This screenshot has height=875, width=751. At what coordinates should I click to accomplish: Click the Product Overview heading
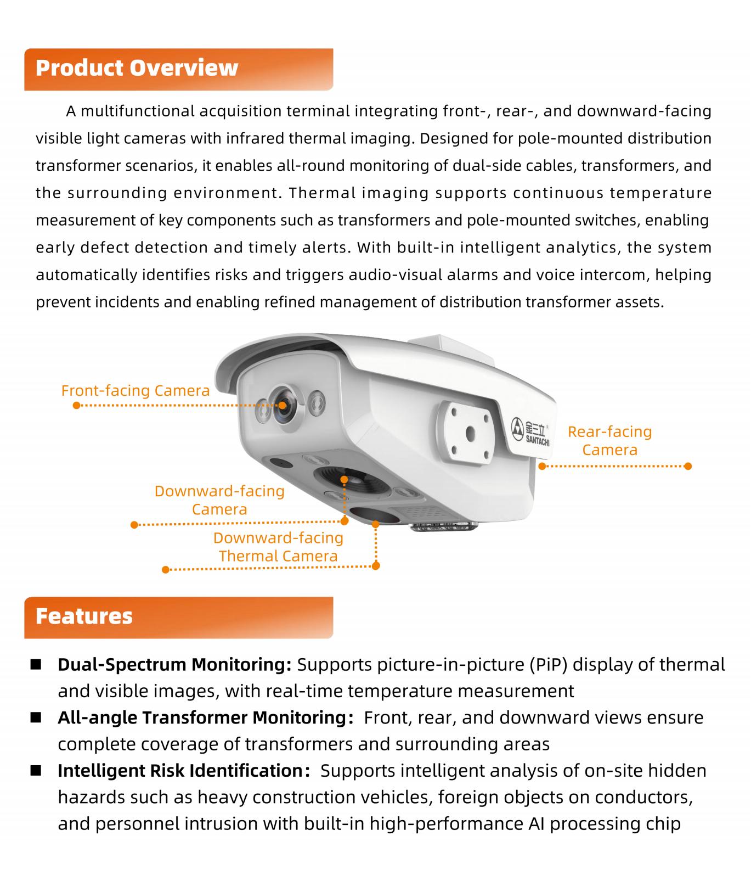tap(137, 68)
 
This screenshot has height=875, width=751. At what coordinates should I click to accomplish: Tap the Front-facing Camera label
tap(135, 391)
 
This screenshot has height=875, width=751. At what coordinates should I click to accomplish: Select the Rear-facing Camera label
tap(609, 441)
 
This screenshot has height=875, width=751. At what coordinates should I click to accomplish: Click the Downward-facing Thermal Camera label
tap(278, 547)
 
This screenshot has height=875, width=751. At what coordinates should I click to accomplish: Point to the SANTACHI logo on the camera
tap(530, 432)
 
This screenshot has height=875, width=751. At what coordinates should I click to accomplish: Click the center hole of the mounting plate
tap(470, 434)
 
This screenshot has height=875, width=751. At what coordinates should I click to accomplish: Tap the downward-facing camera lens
tap(346, 481)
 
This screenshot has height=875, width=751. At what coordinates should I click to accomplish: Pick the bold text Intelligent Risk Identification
tap(180, 771)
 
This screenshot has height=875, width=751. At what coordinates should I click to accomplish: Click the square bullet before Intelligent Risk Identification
tap(36, 771)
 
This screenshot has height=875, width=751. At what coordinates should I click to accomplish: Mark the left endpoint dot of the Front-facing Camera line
tap(76, 406)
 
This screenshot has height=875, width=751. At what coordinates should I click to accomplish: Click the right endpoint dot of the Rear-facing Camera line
tap(688, 466)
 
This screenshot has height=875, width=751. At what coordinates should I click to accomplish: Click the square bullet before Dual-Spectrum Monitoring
tap(36, 665)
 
